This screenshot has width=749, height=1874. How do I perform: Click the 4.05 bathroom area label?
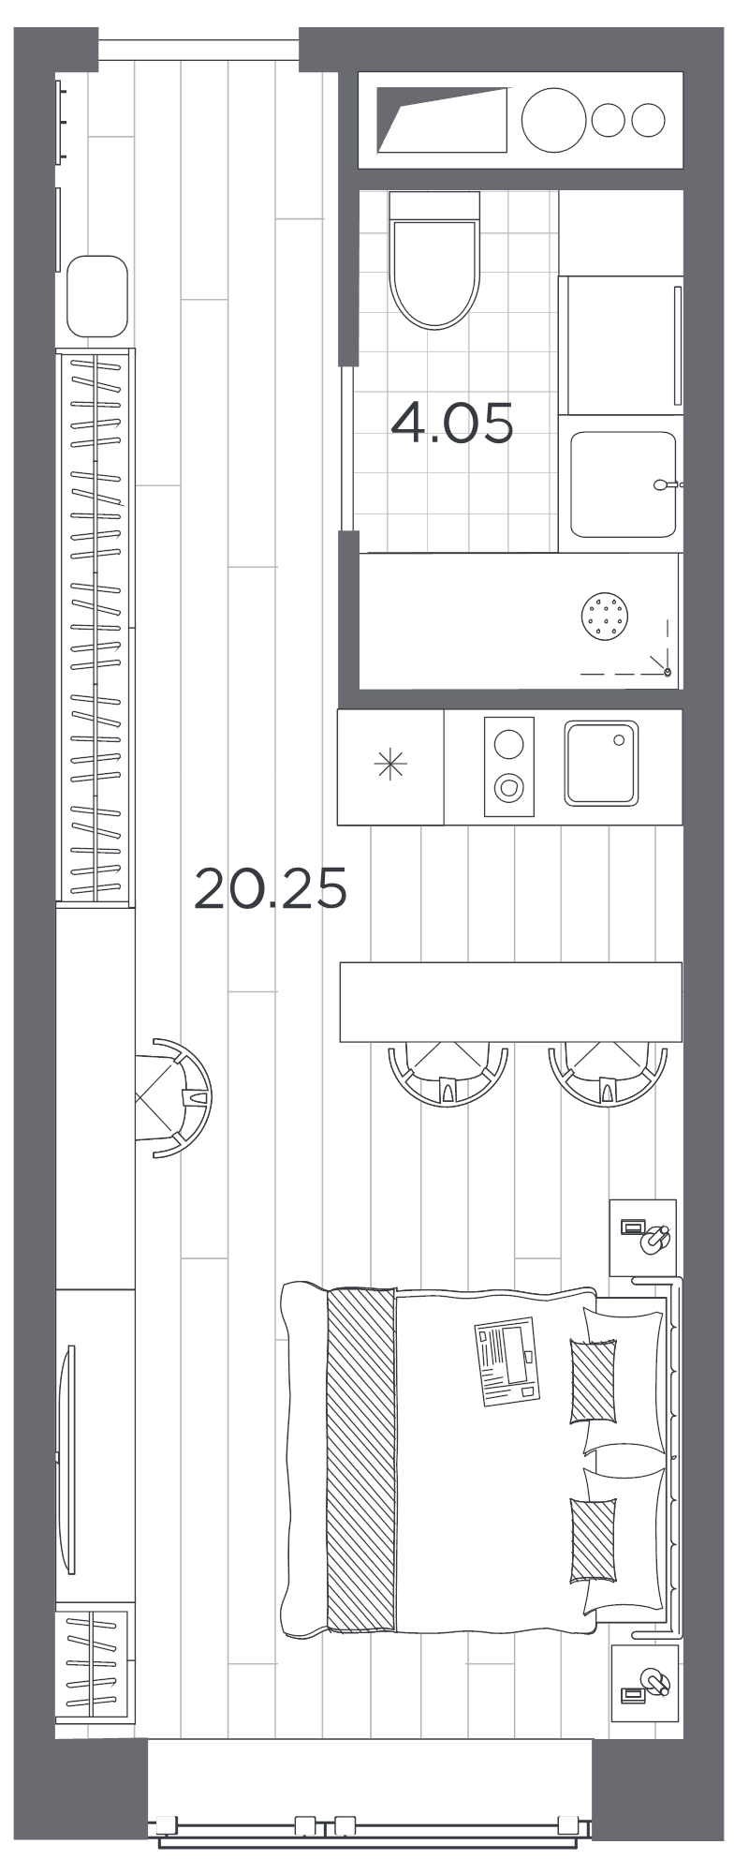click(452, 423)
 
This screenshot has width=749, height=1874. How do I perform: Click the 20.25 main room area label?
click(271, 888)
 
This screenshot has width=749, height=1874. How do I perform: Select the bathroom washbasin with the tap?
click(623, 484)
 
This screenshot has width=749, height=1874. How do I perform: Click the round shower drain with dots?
click(606, 617)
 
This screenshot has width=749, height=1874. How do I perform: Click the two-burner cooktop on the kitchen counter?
click(508, 766)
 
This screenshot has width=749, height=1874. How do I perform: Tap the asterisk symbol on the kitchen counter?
click(390, 766)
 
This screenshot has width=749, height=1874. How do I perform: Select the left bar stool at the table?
click(448, 1075)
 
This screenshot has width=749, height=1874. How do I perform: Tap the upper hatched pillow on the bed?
click(593, 1381)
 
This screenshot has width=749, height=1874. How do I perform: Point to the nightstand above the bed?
click(642, 1237)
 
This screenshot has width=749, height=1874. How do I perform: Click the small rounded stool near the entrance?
click(97, 296)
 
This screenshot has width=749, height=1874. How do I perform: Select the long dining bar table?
click(510, 1001)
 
